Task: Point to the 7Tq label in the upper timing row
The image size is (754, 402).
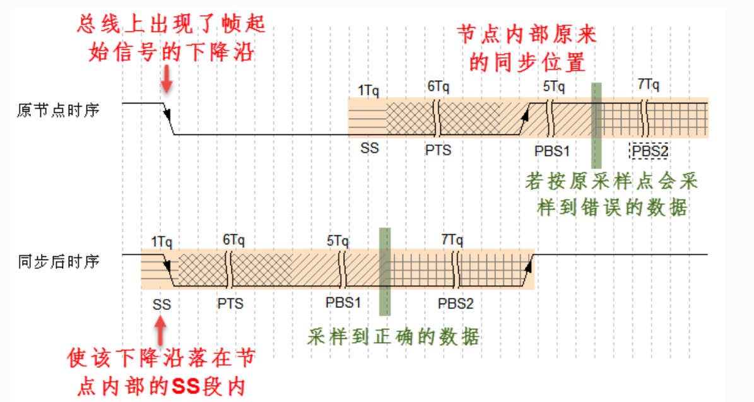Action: (x=649, y=85)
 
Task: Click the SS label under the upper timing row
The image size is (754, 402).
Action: (x=370, y=149)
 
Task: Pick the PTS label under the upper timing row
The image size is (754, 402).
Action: (x=439, y=151)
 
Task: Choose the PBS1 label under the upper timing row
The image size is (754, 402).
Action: (x=552, y=151)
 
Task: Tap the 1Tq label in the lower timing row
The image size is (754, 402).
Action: (x=162, y=240)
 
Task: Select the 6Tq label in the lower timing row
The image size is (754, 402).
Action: (x=233, y=240)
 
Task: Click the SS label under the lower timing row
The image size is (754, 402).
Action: (x=162, y=304)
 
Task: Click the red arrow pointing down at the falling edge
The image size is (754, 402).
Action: (x=167, y=80)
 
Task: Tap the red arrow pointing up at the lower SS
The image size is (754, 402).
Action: (x=162, y=330)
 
